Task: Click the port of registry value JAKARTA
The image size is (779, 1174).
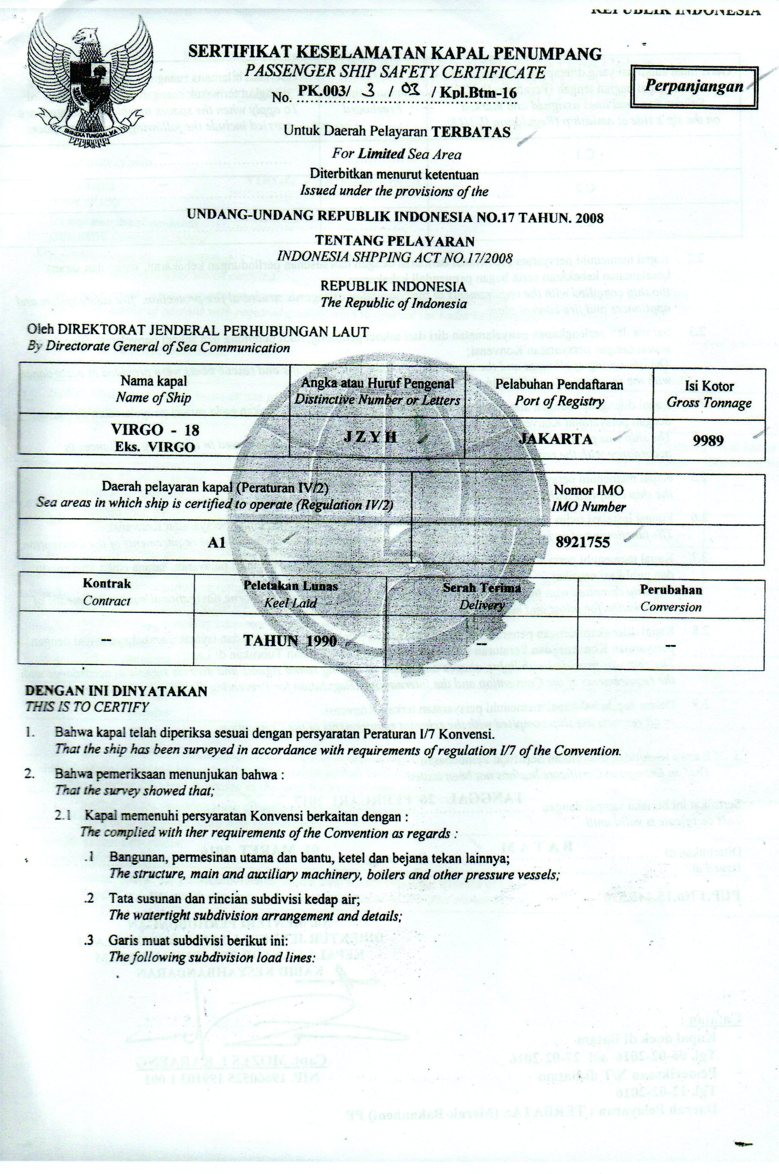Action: point(556,439)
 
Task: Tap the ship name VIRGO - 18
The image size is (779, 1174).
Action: point(155,430)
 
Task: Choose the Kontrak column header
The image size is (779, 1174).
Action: point(107,584)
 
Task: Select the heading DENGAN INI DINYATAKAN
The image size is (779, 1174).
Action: point(117,691)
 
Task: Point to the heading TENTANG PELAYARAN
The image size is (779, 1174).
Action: point(395,241)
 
